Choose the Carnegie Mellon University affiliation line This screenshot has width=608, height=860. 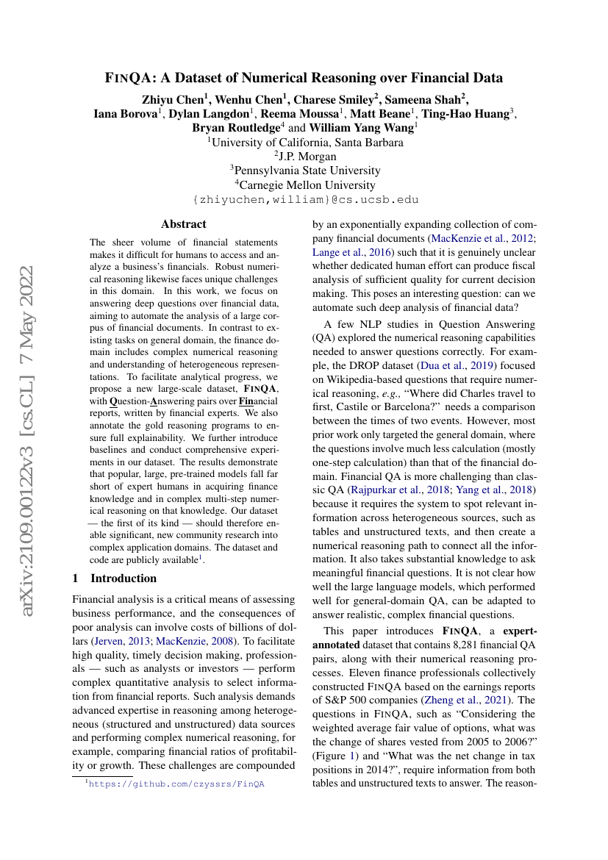pos(305,185)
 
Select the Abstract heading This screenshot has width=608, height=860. pos(184,224)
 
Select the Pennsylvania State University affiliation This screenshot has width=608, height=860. pos(305,171)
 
